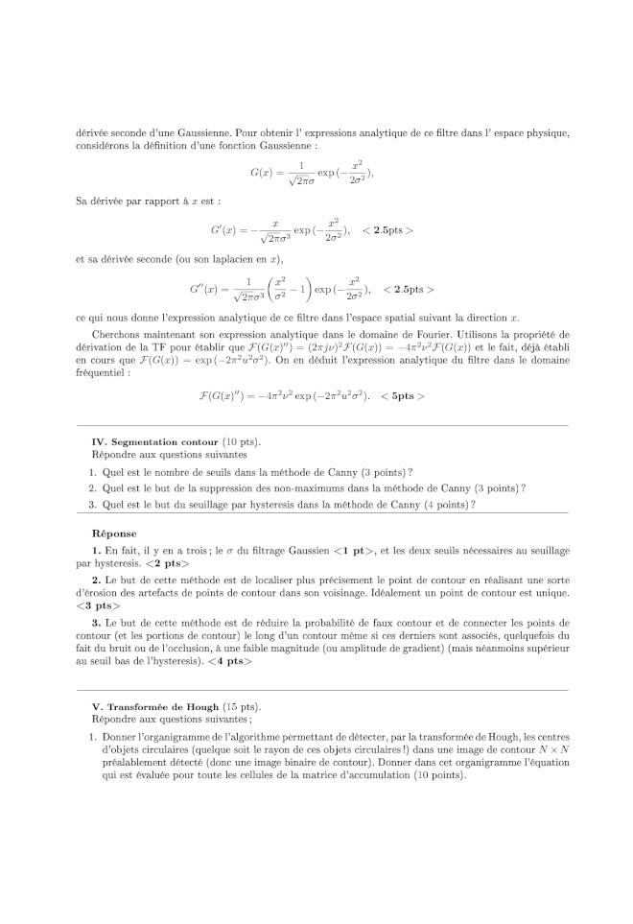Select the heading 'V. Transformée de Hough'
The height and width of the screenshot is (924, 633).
pos(156,706)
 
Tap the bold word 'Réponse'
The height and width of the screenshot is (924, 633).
pos(113,533)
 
